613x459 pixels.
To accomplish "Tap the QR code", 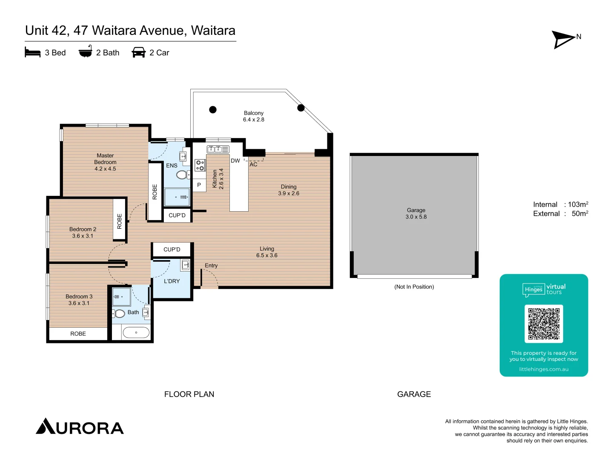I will tap(544, 324).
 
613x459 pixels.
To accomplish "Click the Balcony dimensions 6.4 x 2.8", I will tap(254, 120).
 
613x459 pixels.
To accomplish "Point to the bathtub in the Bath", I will tap(136, 332).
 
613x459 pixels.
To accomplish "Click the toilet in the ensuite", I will tap(182, 175).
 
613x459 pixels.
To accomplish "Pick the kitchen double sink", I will tap(218, 149).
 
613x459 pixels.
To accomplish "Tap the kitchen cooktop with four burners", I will tap(200, 165).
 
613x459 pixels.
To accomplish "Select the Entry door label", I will tap(211, 266).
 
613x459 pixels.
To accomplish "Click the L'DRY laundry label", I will tap(172, 281).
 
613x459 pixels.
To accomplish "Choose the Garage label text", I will tap(416, 210).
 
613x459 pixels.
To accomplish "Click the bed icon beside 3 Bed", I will tap(33, 53).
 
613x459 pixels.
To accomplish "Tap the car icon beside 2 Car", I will tap(139, 53).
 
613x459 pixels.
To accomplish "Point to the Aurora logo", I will tap(80, 427).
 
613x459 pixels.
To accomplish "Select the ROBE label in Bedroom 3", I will tap(78, 334).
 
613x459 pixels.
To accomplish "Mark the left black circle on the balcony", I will tap(213, 110).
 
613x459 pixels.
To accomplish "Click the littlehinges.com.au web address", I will tap(544, 369).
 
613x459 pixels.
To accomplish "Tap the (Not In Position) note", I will tap(414, 287).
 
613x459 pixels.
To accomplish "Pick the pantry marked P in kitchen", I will tap(199, 185).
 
